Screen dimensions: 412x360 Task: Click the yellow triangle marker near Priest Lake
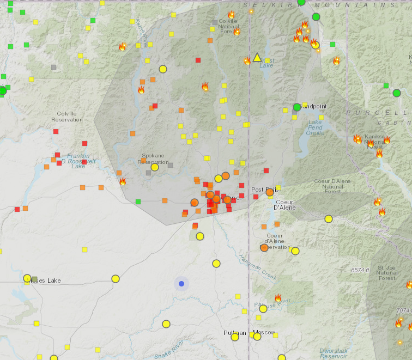(257, 57)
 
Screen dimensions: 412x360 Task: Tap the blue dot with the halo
(181, 283)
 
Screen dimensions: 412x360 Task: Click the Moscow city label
(264, 332)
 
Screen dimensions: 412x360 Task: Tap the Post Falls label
(262, 190)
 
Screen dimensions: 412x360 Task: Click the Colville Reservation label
(67, 116)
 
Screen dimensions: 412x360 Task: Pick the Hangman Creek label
(251, 266)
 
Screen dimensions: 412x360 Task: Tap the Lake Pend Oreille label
(315, 127)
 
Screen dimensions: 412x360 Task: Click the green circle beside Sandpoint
(297, 107)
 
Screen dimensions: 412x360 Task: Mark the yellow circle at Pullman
(235, 337)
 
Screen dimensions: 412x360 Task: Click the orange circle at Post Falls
(269, 192)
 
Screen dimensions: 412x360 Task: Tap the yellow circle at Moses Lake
(27, 278)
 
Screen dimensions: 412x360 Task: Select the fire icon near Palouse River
(278, 298)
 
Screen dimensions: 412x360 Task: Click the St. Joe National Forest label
(387, 272)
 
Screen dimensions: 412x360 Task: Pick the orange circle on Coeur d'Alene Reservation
(264, 247)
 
